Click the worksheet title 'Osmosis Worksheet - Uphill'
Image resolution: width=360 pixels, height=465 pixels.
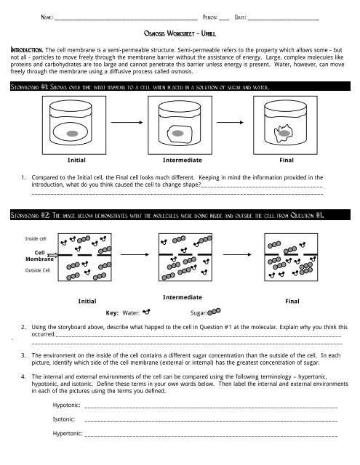pyautogui.click(x=180, y=33)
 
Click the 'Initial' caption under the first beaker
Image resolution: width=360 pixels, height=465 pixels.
pyautogui.click(x=79, y=159)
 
